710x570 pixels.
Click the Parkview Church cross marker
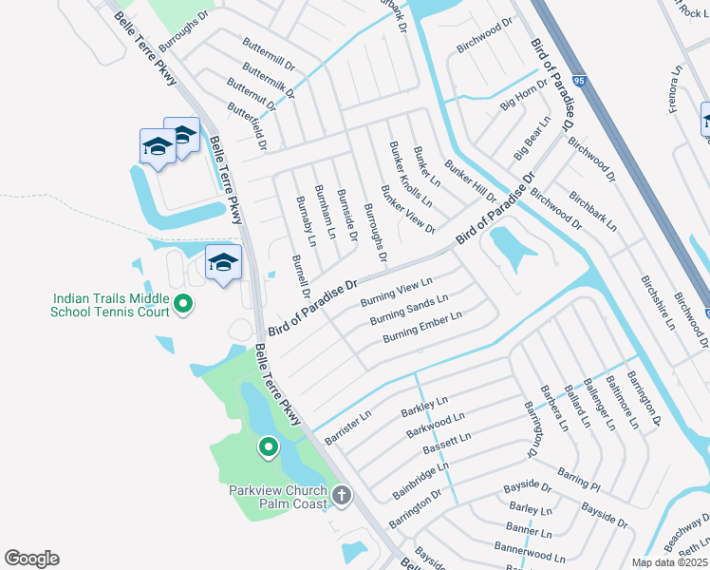click(x=341, y=495)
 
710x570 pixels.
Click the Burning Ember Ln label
click(x=422, y=327)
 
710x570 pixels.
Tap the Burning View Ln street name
click(x=397, y=292)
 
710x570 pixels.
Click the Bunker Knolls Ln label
click(x=410, y=174)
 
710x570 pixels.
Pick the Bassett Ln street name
click(x=446, y=444)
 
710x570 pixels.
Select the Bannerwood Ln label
click(x=528, y=548)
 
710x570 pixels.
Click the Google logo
click(x=31, y=559)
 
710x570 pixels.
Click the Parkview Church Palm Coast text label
click(x=278, y=497)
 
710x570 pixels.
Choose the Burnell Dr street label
click(x=301, y=276)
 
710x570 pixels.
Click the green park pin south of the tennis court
click(x=269, y=446)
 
